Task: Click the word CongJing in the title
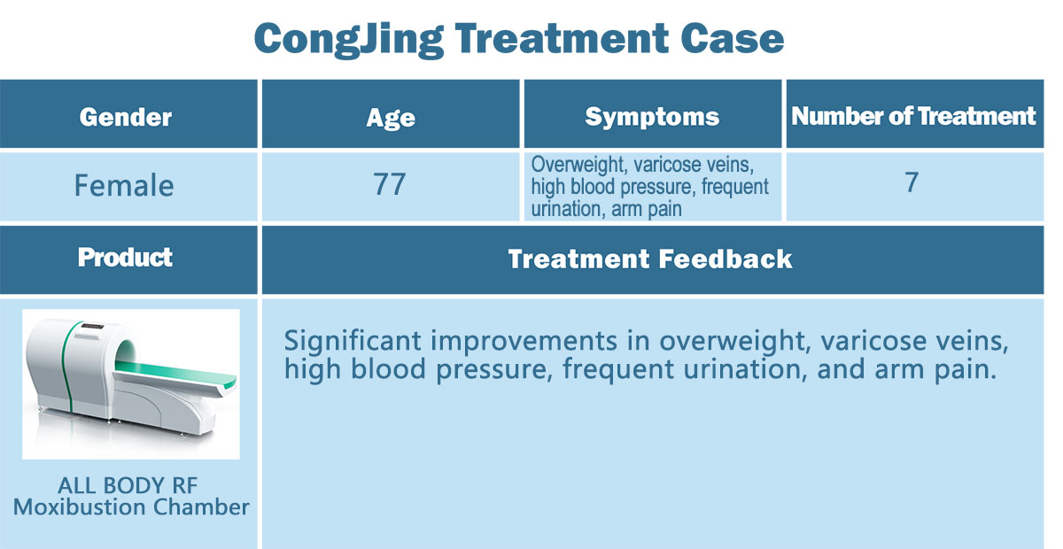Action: pyautogui.click(x=349, y=41)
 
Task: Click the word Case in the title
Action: pyautogui.click(x=733, y=38)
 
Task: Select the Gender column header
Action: pyautogui.click(x=125, y=117)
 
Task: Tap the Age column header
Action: pyautogui.click(x=391, y=118)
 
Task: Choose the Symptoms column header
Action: pyautogui.click(x=652, y=117)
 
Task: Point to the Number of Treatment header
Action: pyautogui.click(x=913, y=116)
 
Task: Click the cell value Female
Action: pyautogui.click(x=124, y=185)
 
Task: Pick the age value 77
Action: pyautogui.click(x=389, y=184)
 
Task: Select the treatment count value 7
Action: pyautogui.click(x=912, y=182)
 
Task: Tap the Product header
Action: pyautogui.click(x=125, y=257)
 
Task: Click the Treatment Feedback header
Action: pyautogui.click(x=650, y=259)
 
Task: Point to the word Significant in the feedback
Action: pyautogui.click(x=353, y=342)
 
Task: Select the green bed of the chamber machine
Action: pyautogui.click(x=175, y=374)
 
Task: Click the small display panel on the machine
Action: pyautogui.click(x=92, y=326)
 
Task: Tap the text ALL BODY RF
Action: pyautogui.click(x=128, y=485)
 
